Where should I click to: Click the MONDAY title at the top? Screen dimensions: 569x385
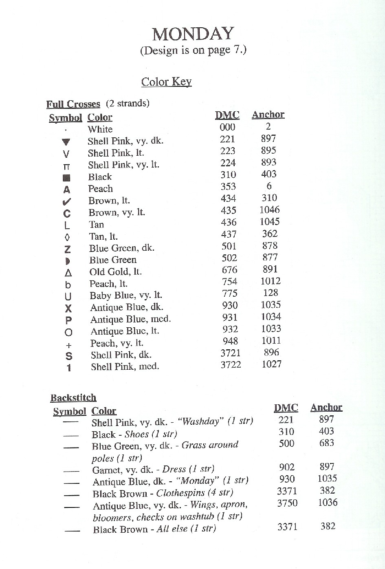point(193,34)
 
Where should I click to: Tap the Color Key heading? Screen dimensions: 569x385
point(166,82)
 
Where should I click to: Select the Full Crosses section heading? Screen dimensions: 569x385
point(73,104)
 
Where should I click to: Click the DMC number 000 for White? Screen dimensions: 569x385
point(227,127)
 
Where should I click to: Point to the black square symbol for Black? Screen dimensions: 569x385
point(67,178)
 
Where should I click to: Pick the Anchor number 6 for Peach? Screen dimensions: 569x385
point(268,186)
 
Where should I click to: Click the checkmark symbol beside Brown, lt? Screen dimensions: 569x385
point(67,201)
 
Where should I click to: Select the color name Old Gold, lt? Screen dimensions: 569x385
point(115,272)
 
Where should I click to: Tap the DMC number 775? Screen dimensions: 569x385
point(229,293)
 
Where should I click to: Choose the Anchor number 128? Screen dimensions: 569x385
point(270,293)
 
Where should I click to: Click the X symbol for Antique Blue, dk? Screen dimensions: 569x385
point(68,309)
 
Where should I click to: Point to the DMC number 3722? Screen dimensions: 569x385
point(231,365)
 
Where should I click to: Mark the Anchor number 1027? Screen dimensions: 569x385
point(271,364)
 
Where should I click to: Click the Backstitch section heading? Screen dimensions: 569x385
point(73,398)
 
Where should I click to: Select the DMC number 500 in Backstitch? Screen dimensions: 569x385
point(286,443)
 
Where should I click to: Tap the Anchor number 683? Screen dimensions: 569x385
point(327,443)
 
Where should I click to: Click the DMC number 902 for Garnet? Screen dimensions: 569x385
point(287,467)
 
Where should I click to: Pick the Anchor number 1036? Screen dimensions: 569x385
point(328,502)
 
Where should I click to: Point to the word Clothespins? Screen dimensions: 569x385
point(180,493)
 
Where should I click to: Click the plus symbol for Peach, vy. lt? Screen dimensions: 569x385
point(68,345)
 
